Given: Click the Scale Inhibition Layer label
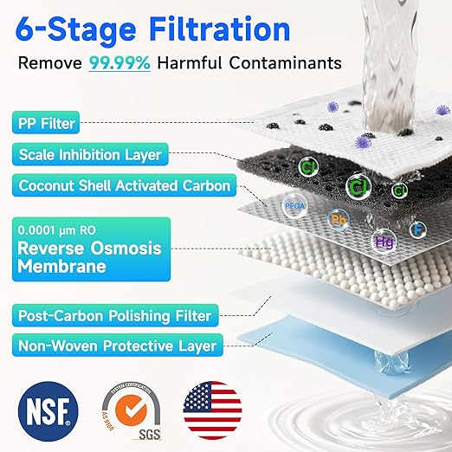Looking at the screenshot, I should [89, 155].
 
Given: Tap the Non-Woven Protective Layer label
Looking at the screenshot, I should [116, 347].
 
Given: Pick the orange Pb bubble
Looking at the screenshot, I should [339, 220].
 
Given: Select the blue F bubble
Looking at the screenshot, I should [418, 230].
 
